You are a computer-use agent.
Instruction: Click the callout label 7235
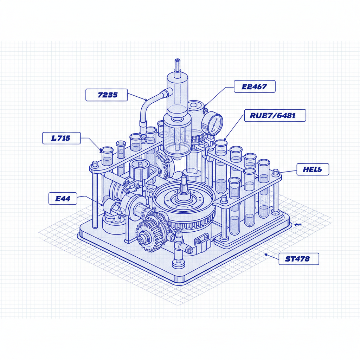[107, 95]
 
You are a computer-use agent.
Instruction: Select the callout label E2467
[255, 86]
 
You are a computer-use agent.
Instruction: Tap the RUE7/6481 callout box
[275, 115]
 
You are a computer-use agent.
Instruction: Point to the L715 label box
[62, 138]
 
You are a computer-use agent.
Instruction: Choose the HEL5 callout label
[313, 169]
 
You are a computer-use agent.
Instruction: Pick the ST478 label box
[299, 259]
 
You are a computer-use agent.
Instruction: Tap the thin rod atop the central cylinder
[176, 65]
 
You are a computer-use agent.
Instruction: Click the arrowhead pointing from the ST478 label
[266, 255]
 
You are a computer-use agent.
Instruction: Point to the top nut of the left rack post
[94, 164]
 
